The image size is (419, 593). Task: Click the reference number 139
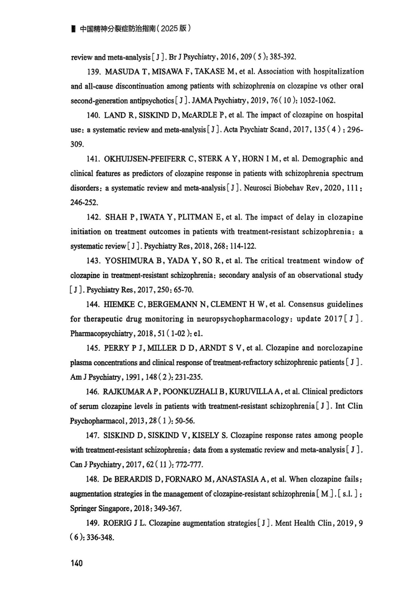click(93, 72)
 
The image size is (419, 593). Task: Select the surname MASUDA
click(121, 72)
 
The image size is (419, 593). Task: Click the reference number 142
click(93, 218)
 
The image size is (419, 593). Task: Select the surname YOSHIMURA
click(129, 261)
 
